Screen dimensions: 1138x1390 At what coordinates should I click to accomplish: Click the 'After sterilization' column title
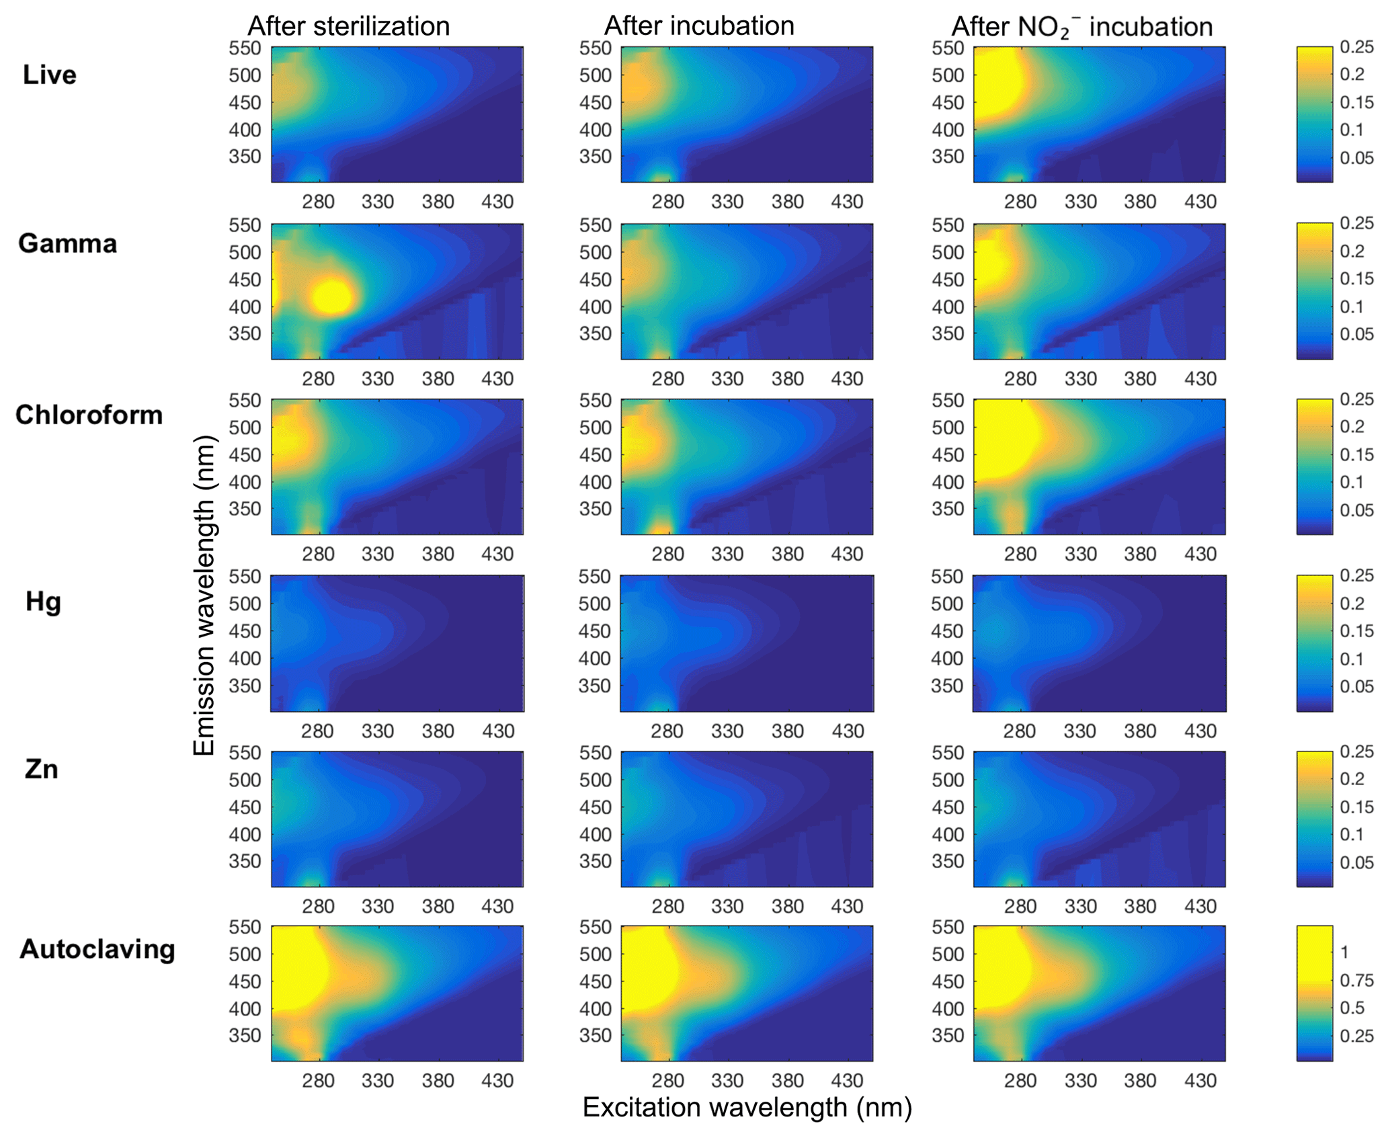click(x=348, y=26)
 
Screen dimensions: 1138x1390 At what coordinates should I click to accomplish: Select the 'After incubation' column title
click(x=699, y=26)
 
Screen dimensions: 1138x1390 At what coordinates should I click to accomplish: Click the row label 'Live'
click(x=49, y=75)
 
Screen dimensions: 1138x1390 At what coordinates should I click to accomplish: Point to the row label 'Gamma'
click(x=67, y=243)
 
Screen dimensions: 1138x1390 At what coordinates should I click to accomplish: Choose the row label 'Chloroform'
click(x=89, y=415)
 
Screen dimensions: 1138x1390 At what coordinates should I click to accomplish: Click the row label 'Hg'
click(x=43, y=601)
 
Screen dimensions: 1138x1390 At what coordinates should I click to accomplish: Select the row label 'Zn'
click(x=41, y=768)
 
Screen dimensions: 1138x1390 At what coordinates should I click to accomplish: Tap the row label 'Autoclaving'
click(x=97, y=948)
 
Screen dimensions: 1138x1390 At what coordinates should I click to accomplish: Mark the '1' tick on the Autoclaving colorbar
click(x=1344, y=952)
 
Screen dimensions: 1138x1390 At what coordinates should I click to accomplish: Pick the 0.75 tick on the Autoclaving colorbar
click(x=1356, y=980)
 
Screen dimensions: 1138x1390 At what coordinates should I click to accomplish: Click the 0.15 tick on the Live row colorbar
click(x=1356, y=102)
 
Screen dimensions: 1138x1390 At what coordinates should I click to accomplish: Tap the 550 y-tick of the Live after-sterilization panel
click(x=245, y=48)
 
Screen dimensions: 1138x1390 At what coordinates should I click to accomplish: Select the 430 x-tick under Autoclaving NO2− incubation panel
click(x=1200, y=1081)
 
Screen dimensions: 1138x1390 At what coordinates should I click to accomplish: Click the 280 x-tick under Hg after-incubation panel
click(x=667, y=731)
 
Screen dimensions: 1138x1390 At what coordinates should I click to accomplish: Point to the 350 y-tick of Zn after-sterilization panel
click(x=245, y=861)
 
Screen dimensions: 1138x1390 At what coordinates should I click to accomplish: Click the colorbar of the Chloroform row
click(x=1314, y=467)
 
